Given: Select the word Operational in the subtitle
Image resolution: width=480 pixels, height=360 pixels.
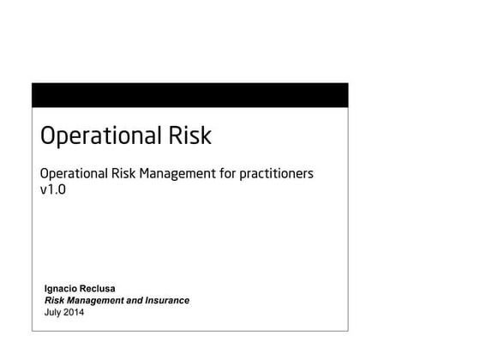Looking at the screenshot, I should [75, 174].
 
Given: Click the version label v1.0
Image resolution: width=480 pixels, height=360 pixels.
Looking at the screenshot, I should [53, 191].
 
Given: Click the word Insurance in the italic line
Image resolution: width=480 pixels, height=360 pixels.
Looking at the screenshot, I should [165, 301].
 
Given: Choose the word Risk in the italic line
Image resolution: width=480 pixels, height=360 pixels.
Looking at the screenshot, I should [54, 301].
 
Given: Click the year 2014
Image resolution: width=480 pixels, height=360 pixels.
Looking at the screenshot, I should [74, 313].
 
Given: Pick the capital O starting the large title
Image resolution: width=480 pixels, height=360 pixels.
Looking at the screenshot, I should [48, 136].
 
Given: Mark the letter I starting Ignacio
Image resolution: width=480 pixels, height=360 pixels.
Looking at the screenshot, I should [45, 289].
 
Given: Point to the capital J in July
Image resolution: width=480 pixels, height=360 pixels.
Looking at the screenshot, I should [46, 313].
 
